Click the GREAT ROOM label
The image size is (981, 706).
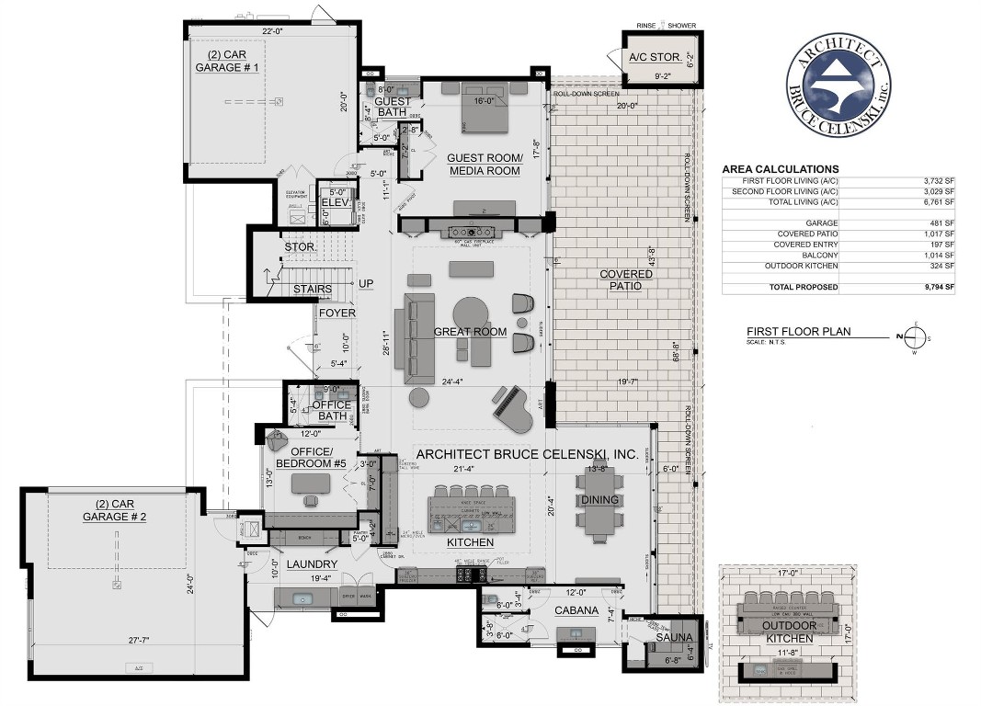pos(471,332)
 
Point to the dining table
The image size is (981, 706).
pos(599,505)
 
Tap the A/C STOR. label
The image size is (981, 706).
pos(656,57)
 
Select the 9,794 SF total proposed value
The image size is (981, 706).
pos(938,288)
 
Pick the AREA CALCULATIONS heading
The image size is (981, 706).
pos(780,169)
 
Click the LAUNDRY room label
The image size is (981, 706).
pos(312,564)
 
